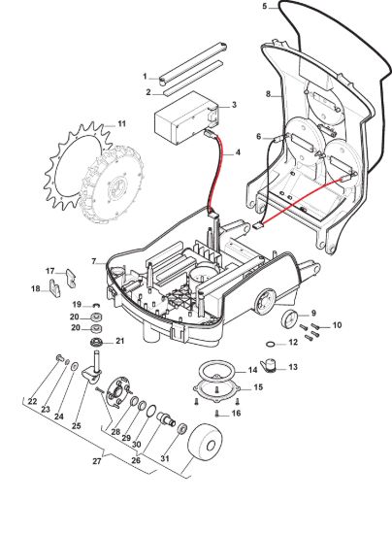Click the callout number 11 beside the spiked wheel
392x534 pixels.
pyautogui.click(x=121, y=123)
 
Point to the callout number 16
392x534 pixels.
pyautogui.click(x=236, y=413)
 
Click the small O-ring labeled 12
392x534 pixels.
pyautogui.click(x=270, y=344)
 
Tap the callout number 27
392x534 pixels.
pyautogui.click(x=97, y=461)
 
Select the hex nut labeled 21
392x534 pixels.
pyautogui.click(x=96, y=341)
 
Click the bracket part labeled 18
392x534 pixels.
pyautogui.click(x=54, y=287)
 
